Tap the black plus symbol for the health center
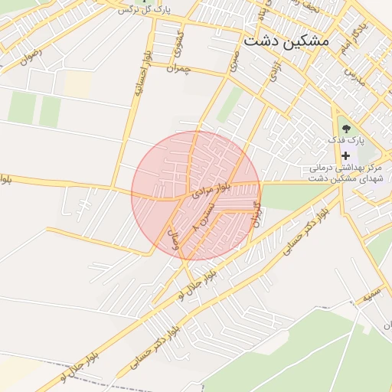point(345,155)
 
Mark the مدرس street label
point(351,73)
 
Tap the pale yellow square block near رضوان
point(76,84)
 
